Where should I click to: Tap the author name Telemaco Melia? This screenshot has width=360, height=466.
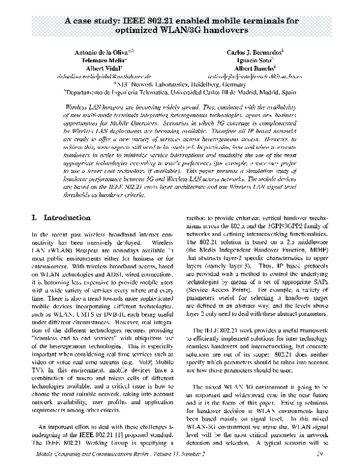click(99, 61)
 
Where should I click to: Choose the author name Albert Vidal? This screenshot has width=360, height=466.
click(99, 70)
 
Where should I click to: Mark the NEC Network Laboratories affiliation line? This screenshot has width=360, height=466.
click(179, 85)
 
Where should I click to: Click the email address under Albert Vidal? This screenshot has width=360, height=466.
click(99, 77)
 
